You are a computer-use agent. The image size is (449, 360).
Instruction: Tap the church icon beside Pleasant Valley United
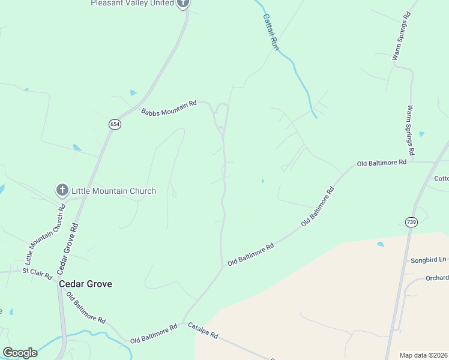point(184,3)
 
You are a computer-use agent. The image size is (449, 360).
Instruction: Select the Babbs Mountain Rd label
point(169,108)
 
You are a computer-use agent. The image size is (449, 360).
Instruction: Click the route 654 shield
point(115,124)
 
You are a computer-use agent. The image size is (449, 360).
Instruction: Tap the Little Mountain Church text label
point(113,191)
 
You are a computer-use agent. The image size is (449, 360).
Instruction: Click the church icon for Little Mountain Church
point(62,191)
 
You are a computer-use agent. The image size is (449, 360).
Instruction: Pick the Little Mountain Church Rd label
point(45,235)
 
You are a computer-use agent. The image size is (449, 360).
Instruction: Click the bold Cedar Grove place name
point(85,284)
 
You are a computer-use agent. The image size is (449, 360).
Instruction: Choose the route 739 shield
point(411,222)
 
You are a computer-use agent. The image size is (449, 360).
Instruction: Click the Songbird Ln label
point(429,260)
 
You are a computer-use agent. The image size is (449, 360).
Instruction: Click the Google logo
point(20,353)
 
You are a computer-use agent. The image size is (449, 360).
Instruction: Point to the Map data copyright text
point(424,355)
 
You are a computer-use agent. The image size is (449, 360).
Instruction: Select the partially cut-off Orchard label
point(437,278)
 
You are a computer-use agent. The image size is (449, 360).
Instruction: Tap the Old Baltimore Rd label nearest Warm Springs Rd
point(382,163)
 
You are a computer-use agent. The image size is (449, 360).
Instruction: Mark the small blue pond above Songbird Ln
point(381,244)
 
